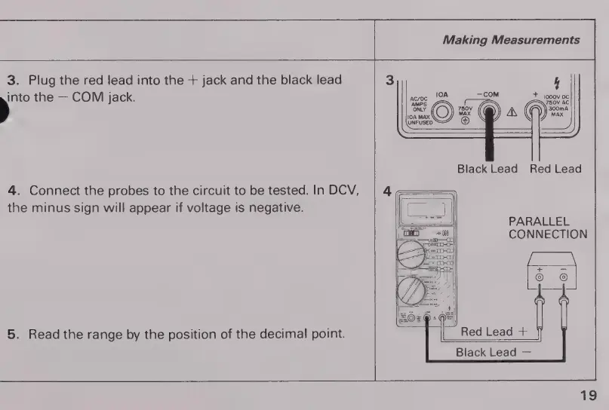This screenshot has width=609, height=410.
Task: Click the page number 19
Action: coord(589,395)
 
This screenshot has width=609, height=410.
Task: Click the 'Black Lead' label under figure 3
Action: coord(488,169)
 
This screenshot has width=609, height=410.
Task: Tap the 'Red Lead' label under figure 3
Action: coord(555,169)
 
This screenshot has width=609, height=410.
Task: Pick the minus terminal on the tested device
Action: coord(563,278)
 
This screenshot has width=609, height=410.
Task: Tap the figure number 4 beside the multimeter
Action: coord(387,191)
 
